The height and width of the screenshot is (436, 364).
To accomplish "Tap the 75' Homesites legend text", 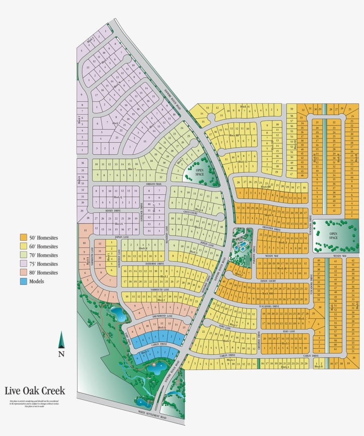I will [x=44, y=264].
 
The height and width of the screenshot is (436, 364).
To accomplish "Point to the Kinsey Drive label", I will [x=113, y=211].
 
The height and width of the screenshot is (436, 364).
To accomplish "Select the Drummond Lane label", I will [x=163, y=316].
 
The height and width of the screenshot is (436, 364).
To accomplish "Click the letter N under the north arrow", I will [x=61, y=354].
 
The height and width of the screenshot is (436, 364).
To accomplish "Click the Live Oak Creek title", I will [x=35, y=391].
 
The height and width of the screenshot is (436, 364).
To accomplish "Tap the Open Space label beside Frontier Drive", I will [x=333, y=236].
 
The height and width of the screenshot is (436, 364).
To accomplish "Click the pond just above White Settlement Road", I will [x=142, y=402].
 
